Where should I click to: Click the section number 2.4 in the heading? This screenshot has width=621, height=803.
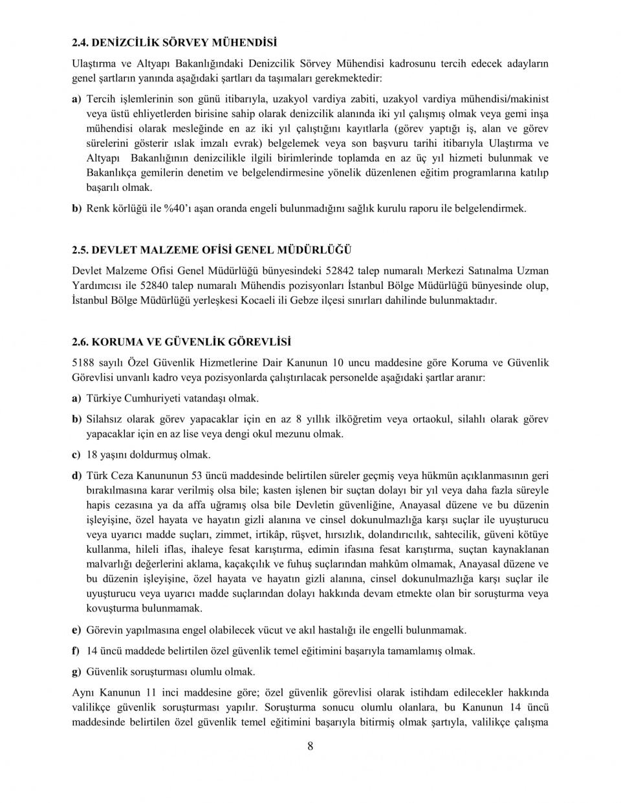tap(80, 43)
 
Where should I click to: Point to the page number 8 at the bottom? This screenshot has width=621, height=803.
tap(310, 747)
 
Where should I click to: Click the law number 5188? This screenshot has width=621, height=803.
tap(83, 363)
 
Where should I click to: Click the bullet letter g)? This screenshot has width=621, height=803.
tap(76, 672)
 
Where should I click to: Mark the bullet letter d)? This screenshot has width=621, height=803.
tap(76, 476)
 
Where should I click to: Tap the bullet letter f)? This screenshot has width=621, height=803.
tap(76, 651)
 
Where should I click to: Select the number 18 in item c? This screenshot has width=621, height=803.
tap(92, 455)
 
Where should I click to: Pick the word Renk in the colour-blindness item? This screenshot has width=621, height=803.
tap(98, 209)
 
